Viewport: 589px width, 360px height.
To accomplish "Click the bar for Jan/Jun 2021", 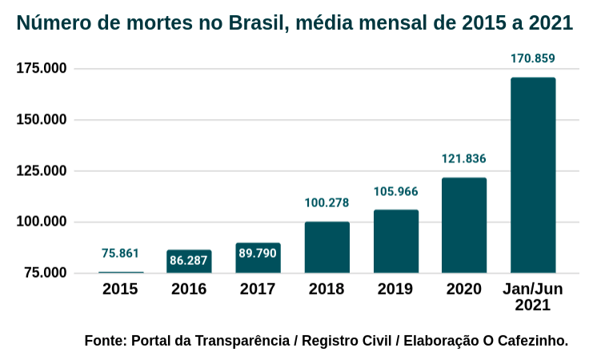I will coord(533,175).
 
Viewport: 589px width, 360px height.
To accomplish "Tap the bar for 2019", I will coord(395,241).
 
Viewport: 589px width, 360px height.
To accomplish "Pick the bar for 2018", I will coord(327,247).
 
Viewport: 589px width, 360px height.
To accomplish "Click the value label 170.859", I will coord(533,58).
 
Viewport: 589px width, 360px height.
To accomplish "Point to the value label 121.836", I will coord(464,158).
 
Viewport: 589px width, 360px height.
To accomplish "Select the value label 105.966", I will coord(395,191).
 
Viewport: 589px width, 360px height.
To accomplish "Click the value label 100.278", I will coord(327,203).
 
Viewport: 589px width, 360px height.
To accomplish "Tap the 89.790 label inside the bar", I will coord(258,254).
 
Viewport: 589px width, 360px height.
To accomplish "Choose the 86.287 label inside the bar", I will coord(189,260).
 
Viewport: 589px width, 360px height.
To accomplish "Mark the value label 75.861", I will coord(120,254).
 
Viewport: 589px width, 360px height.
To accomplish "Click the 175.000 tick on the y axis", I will coord(42,69).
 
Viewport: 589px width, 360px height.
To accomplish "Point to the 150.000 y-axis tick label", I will coord(42,120).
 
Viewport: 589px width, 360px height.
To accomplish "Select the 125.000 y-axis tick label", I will coord(42,170).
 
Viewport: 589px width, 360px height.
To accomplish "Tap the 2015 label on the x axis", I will coord(120,289).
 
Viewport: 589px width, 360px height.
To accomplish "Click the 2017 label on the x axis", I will coord(258,289).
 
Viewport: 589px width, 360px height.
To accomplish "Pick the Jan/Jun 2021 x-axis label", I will coord(533,297).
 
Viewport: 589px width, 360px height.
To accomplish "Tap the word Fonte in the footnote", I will coord(105,341).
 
